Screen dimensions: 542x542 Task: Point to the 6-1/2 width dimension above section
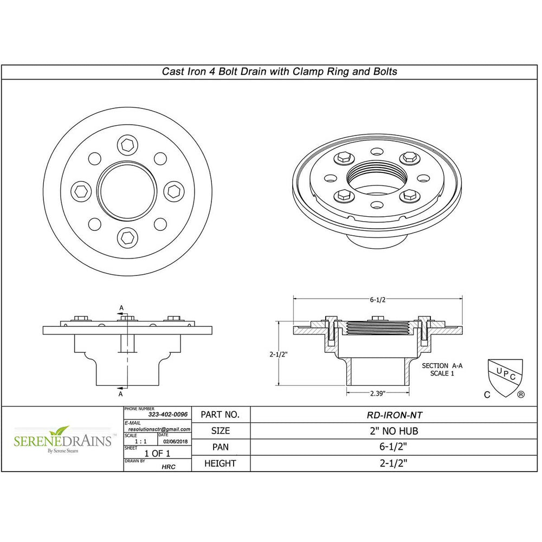(378, 299)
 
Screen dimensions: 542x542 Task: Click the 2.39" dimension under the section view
(378, 392)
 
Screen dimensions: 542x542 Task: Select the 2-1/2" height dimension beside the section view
(278, 354)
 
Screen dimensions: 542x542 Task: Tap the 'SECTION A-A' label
(442, 366)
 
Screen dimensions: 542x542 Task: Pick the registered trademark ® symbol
(521, 395)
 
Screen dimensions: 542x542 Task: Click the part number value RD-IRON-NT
(395, 415)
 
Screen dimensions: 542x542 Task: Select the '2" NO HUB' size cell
(395, 431)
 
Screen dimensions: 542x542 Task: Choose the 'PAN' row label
(220, 447)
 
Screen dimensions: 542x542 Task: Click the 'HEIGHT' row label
(220, 463)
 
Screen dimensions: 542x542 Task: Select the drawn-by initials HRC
(169, 466)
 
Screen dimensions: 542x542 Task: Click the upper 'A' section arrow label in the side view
(121, 307)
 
